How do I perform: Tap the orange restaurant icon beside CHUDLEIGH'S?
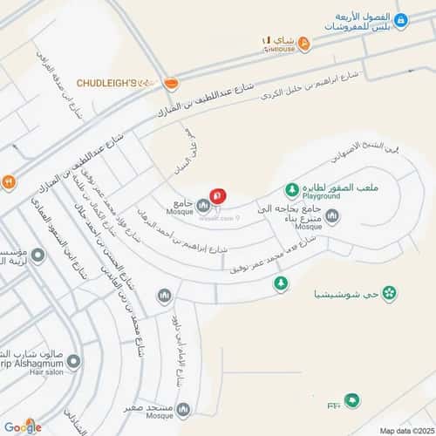[171, 83]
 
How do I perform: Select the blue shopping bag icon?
[400, 20]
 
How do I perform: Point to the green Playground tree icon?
[292, 189]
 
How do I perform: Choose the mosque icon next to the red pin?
[203, 205]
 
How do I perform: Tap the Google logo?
[22, 426]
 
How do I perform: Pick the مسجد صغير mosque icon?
[182, 408]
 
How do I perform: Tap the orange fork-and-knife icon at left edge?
[8, 182]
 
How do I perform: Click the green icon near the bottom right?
[351, 400]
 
